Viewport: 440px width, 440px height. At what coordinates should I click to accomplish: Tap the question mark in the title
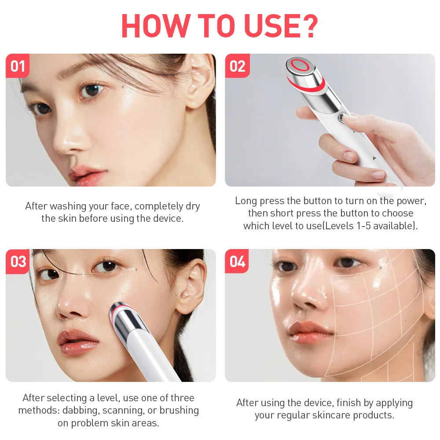(x=309, y=26)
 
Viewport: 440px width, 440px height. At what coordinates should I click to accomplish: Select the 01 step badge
(x=18, y=66)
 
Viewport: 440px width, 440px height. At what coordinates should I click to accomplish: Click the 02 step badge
(x=237, y=66)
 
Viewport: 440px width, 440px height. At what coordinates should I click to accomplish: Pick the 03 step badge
(x=18, y=261)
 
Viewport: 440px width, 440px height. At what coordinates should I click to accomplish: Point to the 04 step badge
(x=237, y=261)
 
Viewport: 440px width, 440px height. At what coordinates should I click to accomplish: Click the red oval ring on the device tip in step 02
(x=301, y=65)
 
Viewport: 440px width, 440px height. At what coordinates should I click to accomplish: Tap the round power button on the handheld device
(x=341, y=117)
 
